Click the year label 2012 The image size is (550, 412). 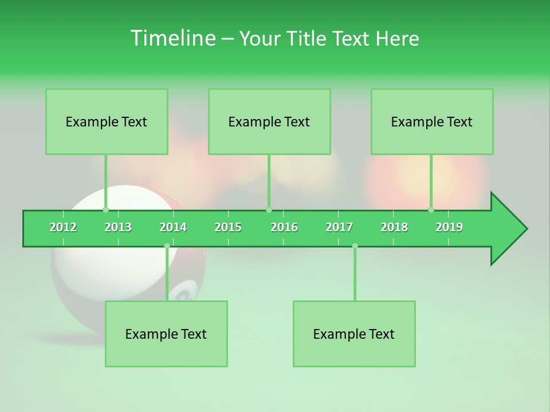pyautogui.click(x=63, y=227)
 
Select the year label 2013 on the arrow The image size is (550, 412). pyautogui.click(x=118, y=227)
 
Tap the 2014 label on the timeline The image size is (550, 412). pyautogui.click(x=173, y=227)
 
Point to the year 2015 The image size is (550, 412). pyautogui.click(x=228, y=227)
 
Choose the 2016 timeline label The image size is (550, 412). pyautogui.click(x=284, y=227)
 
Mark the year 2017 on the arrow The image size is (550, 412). pyautogui.click(x=339, y=227)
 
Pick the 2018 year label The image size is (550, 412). pyautogui.click(x=394, y=227)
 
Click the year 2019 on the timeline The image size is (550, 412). pyautogui.click(x=449, y=227)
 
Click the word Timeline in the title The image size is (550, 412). pyautogui.click(x=172, y=38)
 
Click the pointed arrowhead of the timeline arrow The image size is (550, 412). pyautogui.click(x=513, y=229)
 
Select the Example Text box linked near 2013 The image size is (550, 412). pyautogui.click(x=107, y=122)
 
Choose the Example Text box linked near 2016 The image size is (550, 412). pyautogui.click(x=269, y=122)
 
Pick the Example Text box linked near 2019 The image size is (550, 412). pyautogui.click(x=432, y=122)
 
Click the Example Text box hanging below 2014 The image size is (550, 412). pyautogui.click(x=166, y=334)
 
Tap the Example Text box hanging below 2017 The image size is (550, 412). pyautogui.click(x=354, y=334)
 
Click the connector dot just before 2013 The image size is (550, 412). pyautogui.click(x=105, y=209)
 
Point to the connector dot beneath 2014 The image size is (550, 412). pyautogui.click(x=167, y=246)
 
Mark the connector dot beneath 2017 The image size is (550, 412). pyautogui.click(x=355, y=246)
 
